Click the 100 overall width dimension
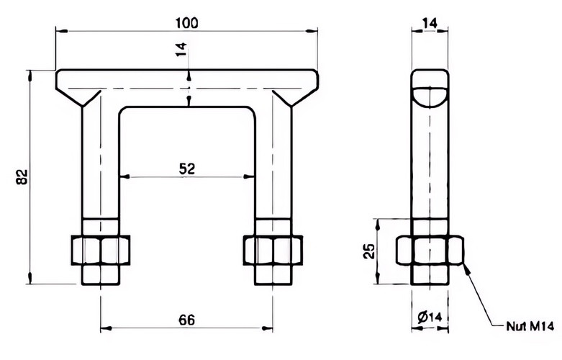click(x=186, y=23)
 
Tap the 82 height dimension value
click(x=22, y=177)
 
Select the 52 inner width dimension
click(x=187, y=168)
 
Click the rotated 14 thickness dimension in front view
click(x=181, y=50)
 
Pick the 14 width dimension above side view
click(x=430, y=23)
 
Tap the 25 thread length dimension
click(x=369, y=251)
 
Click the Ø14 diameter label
click(x=430, y=317)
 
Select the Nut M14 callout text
click(x=530, y=327)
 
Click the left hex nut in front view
click(x=101, y=251)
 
